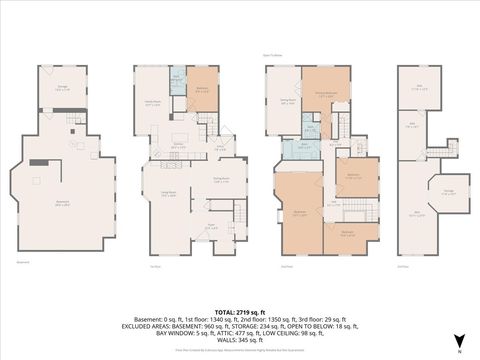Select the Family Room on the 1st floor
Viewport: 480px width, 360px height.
154,103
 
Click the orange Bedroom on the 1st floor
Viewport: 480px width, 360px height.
200,90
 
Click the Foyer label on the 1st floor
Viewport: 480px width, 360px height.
210,226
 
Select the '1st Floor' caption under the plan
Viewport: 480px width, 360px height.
154,266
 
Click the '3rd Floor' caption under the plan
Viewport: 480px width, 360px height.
402,266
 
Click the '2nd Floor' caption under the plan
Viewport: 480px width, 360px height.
286,266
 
